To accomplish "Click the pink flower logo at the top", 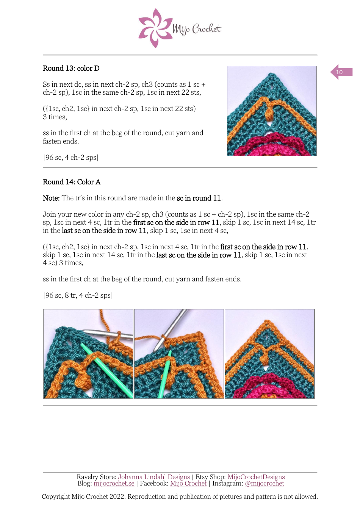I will (x=155, y=28).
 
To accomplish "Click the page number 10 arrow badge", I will (x=341, y=72).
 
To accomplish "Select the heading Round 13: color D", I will (x=71, y=69).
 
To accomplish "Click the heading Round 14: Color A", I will (x=72, y=182).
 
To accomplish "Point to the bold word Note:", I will (x=51, y=198).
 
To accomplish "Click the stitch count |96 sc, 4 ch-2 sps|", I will (x=71, y=158).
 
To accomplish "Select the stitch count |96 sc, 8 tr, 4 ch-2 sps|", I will (x=78, y=295).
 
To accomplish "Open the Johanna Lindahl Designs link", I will (x=154, y=477).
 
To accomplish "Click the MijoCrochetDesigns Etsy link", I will (x=256, y=477).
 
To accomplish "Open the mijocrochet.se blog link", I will (x=114, y=484).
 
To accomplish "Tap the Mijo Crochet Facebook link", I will (x=188, y=484).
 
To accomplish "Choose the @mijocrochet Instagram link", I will (x=264, y=484).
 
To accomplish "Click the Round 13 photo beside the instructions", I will (x=272, y=111).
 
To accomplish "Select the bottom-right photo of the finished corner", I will (x=269, y=354).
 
